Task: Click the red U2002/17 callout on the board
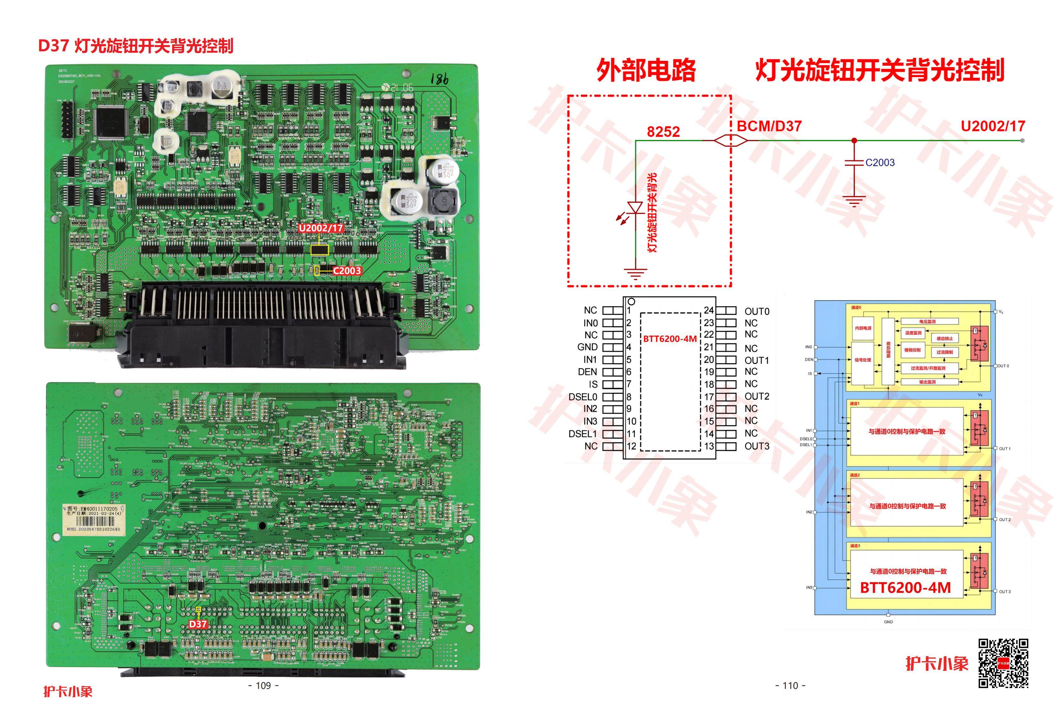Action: [321, 228]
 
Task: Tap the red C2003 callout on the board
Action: [347, 271]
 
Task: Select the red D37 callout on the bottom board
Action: [198, 624]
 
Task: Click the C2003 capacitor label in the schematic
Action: [880, 162]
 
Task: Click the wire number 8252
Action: [663, 132]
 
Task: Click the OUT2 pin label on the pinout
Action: [757, 396]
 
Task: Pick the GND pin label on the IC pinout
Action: [587, 347]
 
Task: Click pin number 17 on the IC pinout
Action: [709, 397]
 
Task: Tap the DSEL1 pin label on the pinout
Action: [583, 434]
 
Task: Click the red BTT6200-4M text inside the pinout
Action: [670, 339]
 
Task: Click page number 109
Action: [264, 686]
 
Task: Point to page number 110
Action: [790, 686]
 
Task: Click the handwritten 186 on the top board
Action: [439, 79]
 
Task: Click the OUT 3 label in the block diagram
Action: [1005, 592]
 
